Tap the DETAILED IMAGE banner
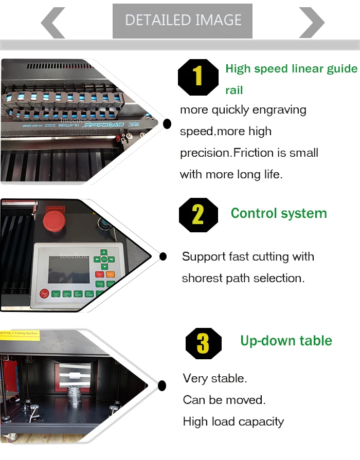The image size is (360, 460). (183, 21)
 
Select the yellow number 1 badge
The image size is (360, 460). (198, 78)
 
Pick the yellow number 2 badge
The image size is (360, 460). (198, 215)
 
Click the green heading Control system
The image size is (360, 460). (279, 213)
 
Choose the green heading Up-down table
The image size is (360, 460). (286, 341)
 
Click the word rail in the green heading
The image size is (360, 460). (234, 90)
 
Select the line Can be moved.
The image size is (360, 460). (224, 400)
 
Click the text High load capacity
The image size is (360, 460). (233, 422)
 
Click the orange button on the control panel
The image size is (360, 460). (111, 274)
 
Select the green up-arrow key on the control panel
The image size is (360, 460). (104, 252)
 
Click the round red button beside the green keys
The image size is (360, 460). (44, 294)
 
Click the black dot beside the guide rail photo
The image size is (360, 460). (167, 123)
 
